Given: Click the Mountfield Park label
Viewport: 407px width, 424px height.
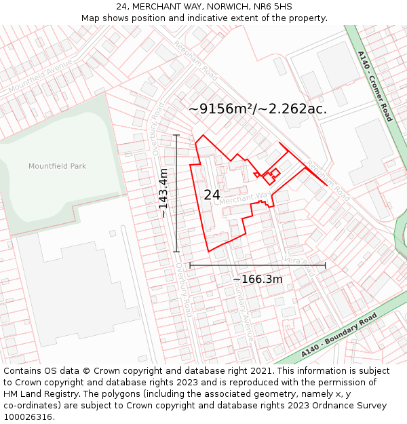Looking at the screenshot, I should pos(57,166).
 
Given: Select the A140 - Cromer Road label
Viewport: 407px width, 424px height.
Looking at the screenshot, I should pos(375,85).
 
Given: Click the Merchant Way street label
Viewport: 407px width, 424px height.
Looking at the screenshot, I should pos(245,199).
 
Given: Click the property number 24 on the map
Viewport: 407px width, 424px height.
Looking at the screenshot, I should pos(212,195).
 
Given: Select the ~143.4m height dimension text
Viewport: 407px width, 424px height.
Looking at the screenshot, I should pos(163,193).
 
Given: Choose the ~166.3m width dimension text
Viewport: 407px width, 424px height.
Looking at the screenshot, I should pos(258,279).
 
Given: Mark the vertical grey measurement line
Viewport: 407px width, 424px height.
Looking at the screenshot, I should pos(176,193).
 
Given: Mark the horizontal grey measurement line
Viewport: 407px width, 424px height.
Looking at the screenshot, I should pos(258,265).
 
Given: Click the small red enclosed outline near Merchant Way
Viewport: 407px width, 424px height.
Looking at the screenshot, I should pos(271,175).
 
